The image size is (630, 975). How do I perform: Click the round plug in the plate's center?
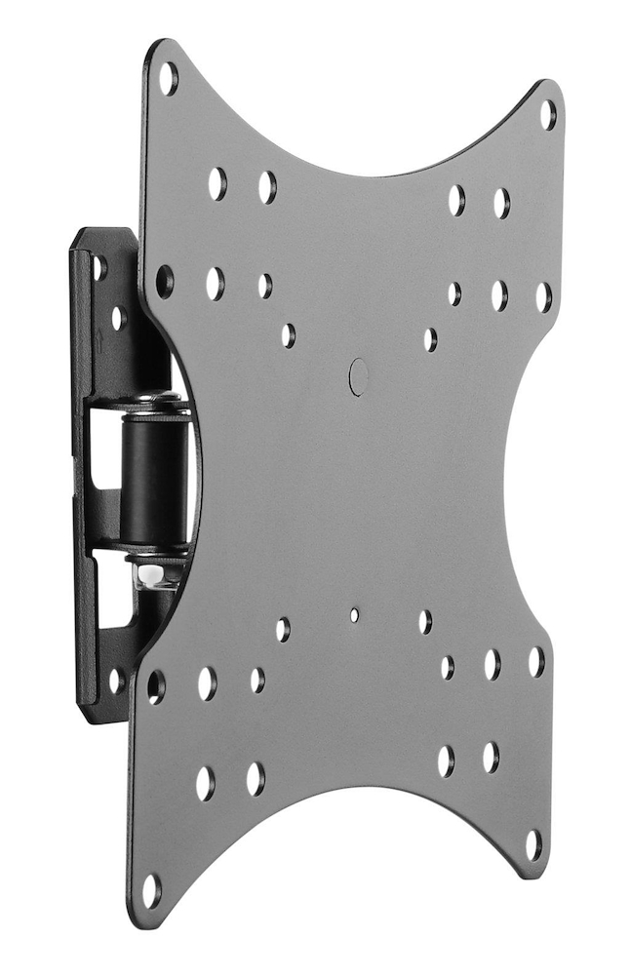click(x=358, y=376)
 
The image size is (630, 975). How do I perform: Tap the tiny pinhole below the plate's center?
click(x=354, y=615)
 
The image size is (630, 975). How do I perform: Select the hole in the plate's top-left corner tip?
click(x=168, y=77)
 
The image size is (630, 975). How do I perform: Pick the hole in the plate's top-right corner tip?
click(x=548, y=114)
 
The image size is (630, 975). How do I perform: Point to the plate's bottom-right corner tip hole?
click(x=533, y=844)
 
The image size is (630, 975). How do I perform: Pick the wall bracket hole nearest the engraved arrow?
click(x=118, y=318)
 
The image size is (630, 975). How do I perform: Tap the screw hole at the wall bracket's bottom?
click(x=115, y=681)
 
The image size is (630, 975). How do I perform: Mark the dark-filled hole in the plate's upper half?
click(x=165, y=282)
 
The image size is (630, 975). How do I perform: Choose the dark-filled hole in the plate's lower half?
click(x=155, y=686)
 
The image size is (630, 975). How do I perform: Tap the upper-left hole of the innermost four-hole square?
click(x=288, y=334)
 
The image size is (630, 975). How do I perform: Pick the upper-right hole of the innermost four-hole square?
click(x=430, y=339)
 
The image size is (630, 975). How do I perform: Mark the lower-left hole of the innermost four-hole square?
click(x=282, y=629)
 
